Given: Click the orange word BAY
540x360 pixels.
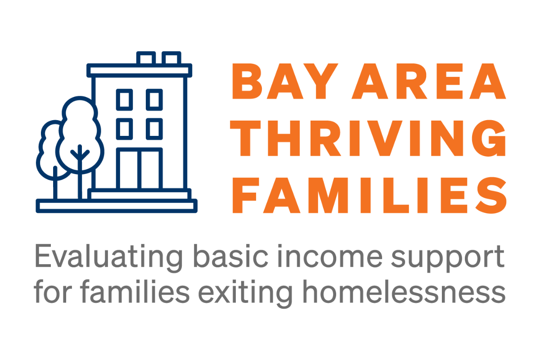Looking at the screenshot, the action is (x=285, y=81).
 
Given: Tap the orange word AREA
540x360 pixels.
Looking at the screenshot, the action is (x=429, y=81).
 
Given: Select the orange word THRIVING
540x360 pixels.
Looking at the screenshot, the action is (x=368, y=138).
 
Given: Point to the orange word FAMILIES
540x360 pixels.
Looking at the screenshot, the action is (x=369, y=195).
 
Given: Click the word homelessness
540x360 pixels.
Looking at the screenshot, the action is (x=404, y=291).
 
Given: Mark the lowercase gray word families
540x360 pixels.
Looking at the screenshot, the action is (x=135, y=291).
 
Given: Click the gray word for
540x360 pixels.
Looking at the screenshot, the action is (x=53, y=291).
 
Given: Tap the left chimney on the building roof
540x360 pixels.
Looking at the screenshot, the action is (x=146, y=58).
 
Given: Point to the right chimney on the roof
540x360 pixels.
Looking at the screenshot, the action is (x=171, y=58).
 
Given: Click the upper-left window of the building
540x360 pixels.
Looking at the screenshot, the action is (x=124, y=100).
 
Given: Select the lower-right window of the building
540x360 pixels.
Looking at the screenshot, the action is (x=154, y=129).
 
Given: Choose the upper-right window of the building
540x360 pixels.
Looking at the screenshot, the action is (x=154, y=100).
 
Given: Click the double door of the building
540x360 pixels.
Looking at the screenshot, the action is (x=139, y=168).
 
